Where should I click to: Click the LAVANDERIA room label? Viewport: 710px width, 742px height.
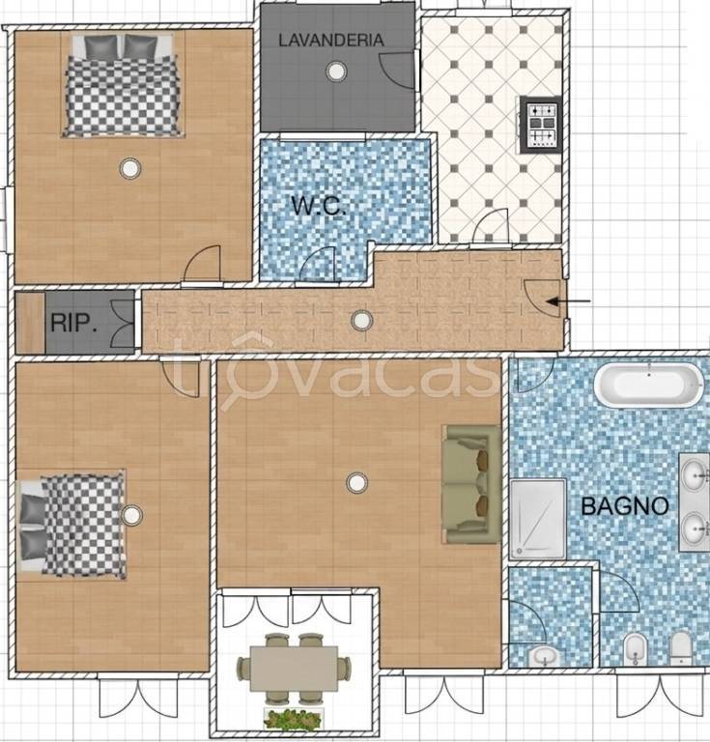(x=330, y=41)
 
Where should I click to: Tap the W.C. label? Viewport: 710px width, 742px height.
(x=319, y=206)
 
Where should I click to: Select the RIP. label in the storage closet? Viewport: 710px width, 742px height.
(x=73, y=323)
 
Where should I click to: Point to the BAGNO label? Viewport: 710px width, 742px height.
(x=624, y=506)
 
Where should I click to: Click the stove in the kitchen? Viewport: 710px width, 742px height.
(x=542, y=125)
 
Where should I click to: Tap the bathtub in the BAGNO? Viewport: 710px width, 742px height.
(x=649, y=384)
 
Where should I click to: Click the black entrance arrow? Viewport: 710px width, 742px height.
(x=568, y=301)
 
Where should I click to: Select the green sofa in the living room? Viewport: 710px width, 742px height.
(x=471, y=484)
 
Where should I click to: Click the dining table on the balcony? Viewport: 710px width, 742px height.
(x=294, y=669)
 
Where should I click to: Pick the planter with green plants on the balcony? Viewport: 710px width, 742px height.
(x=294, y=719)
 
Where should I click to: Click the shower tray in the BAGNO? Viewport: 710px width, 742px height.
(x=538, y=519)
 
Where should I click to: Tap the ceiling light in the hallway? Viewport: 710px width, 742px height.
(x=362, y=321)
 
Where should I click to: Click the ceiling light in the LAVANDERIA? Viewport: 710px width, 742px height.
(x=336, y=71)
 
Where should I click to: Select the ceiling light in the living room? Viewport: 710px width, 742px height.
(x=356, y=483)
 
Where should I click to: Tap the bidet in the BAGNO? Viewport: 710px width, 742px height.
(x=636, y=649)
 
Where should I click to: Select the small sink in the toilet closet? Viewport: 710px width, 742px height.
(x=545, y=656)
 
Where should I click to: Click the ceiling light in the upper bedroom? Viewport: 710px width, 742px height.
(x=130, y=168)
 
